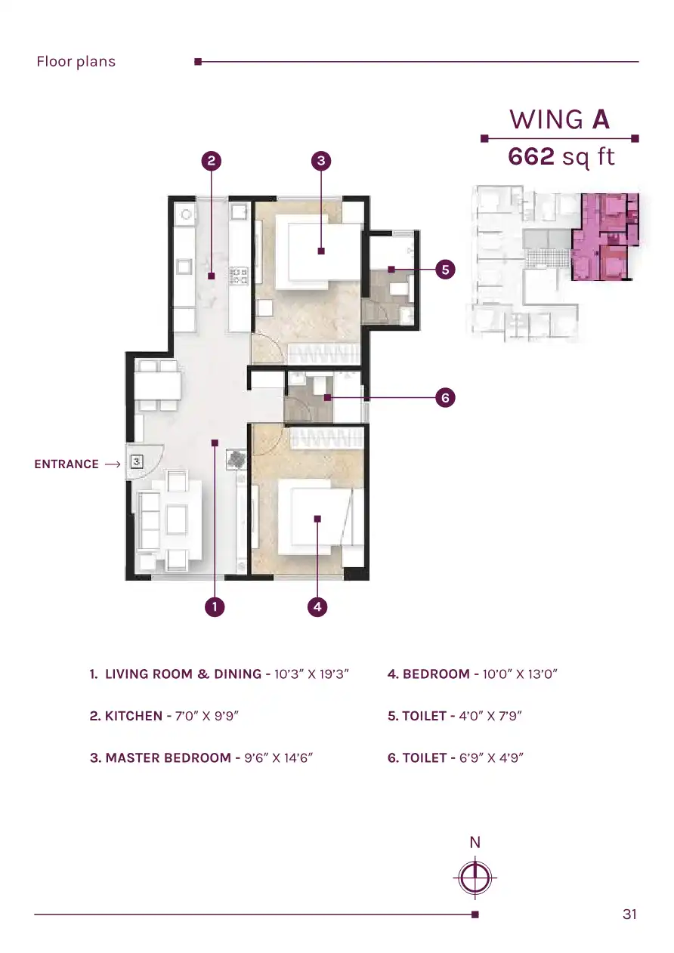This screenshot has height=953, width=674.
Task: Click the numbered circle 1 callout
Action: [x=215, y=606]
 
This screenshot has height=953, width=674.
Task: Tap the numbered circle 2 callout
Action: [x=211, y=161]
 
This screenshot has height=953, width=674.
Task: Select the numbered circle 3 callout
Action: [x=321, y=161]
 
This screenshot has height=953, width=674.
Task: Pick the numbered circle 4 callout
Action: [x=317, y=606]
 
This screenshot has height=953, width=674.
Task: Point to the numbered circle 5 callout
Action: [x=445, y=270]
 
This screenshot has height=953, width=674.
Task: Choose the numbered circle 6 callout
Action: [x=445, y=398]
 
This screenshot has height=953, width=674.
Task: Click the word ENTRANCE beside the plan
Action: [x=66, y=464]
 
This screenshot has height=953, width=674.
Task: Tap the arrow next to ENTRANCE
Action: [x=113, y=464]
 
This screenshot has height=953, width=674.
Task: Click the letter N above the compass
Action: [x=475, y=843]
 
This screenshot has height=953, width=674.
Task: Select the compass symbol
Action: [x=475, y=877]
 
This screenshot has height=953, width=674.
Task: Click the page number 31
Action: [x=629, y=914]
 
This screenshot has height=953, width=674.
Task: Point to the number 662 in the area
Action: [x=531, y=156]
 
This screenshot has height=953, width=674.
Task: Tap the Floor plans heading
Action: [x=76, y=62]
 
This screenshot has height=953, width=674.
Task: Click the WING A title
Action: [x=560, y=119]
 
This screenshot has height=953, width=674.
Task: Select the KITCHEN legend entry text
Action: [x=164, y=716]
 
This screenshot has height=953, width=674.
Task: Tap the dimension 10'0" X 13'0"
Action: [x=520, y=674]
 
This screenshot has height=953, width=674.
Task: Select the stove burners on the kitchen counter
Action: [x=239, y=275]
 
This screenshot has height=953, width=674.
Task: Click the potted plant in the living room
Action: [x=237, y=459]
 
